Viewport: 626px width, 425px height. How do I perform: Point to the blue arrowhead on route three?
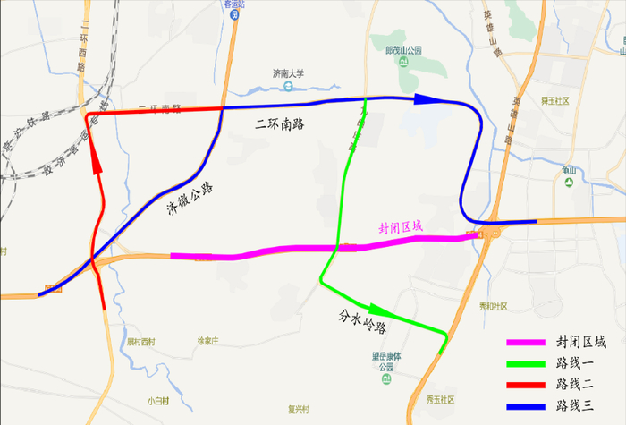(429, 98)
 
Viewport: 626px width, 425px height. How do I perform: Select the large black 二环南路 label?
(279, 123)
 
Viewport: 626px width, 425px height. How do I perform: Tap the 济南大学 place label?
(289, 73)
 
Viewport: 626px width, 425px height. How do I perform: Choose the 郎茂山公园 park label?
(402, 52)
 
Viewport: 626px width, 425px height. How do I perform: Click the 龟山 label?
(570, 170)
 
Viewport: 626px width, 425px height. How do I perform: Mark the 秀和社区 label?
(492, 306)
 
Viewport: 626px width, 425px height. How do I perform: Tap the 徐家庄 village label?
(207, 340)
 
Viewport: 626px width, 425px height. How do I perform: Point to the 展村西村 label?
(140, 341)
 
